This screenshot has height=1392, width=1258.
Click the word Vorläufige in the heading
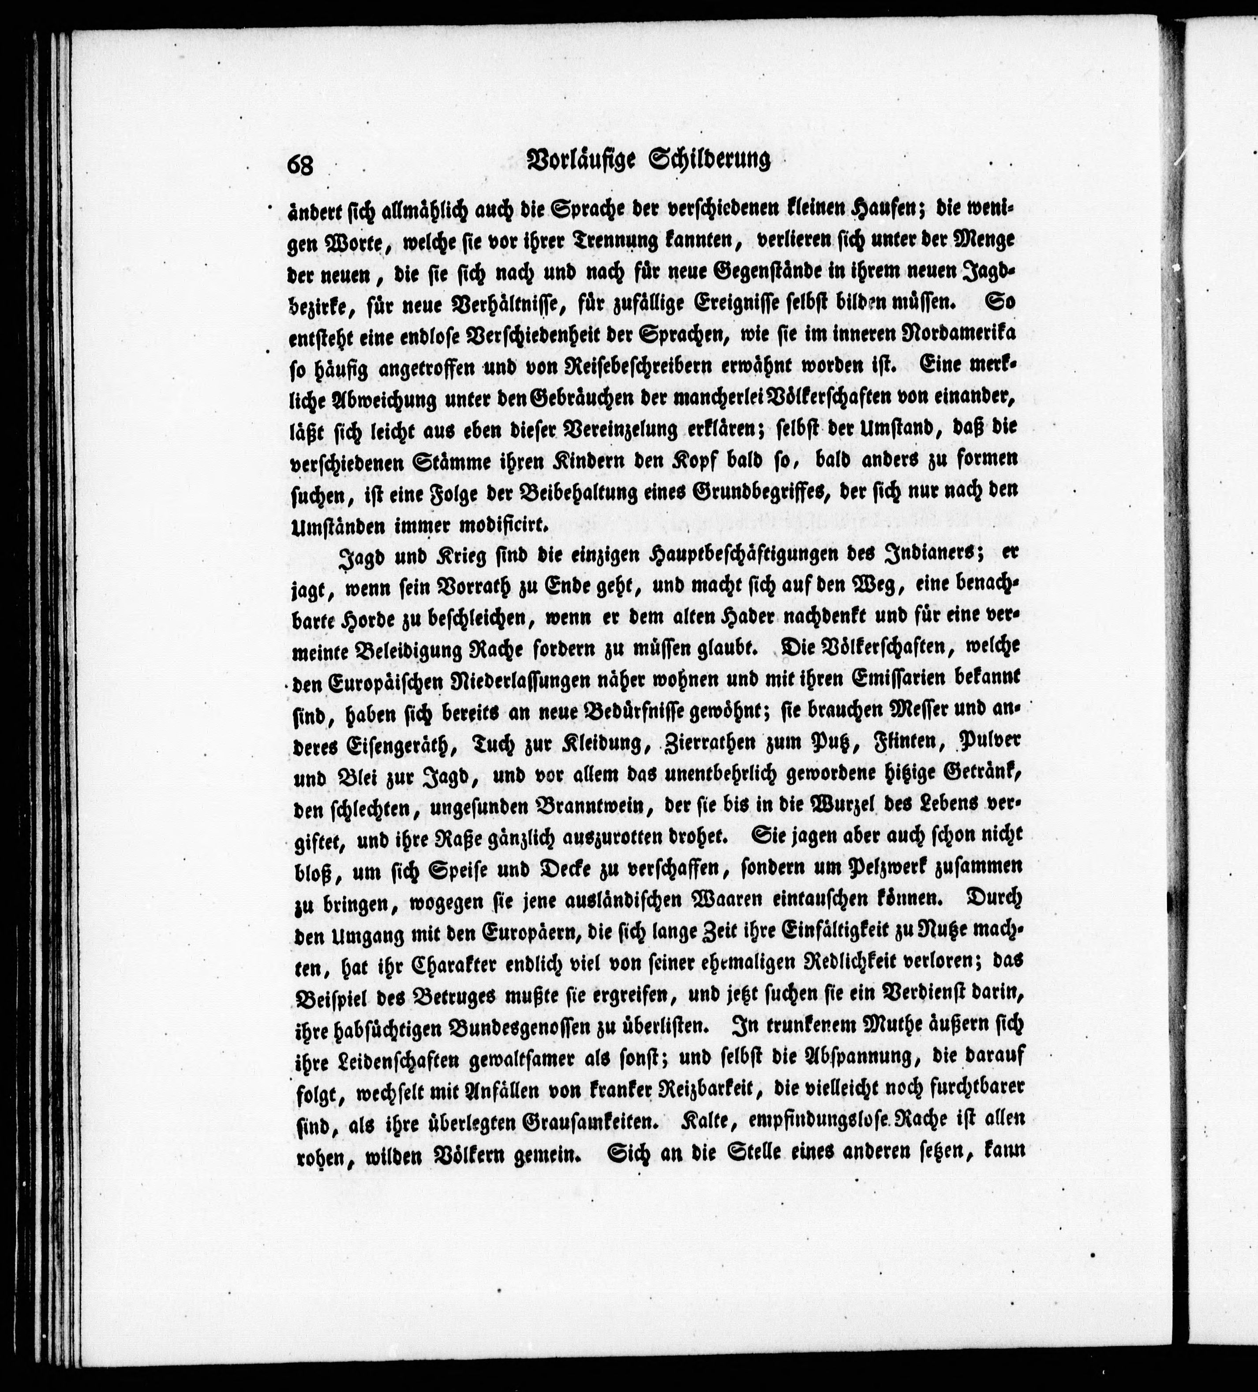[580, 161]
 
